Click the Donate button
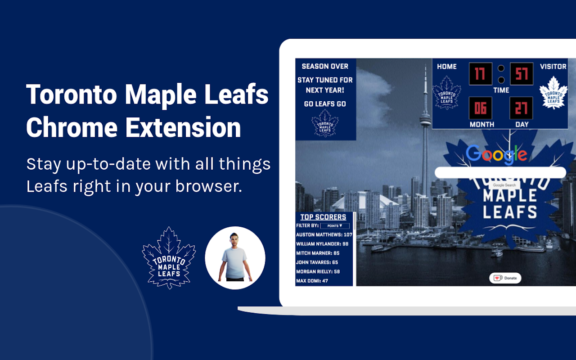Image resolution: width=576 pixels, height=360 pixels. point(505,278)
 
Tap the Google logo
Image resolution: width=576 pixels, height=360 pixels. point(496,154)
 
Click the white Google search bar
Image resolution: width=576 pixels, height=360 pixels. point(500,173)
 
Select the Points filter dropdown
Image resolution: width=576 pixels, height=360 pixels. point(335,226)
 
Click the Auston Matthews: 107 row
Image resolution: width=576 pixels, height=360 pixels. point(324,235)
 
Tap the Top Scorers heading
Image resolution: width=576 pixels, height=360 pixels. point(323,217)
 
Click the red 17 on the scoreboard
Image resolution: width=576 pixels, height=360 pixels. point(480,74)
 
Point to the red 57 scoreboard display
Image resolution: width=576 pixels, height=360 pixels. point(522,74)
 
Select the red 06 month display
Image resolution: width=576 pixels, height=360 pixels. point(480,108)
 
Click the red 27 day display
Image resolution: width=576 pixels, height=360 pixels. point(522,108)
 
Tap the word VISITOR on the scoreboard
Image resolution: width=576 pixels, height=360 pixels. point(553,67)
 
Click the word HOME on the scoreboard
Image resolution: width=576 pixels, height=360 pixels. point(447,67)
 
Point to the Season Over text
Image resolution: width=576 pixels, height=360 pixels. point(325,66)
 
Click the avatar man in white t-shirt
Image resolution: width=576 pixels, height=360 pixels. point(235,257)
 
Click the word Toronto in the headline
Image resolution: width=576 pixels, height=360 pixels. point(72,95)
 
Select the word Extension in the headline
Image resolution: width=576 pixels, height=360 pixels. point(183,128)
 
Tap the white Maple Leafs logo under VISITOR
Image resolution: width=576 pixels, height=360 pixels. point(553,93)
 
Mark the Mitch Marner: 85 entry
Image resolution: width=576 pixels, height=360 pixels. point(318,253)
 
